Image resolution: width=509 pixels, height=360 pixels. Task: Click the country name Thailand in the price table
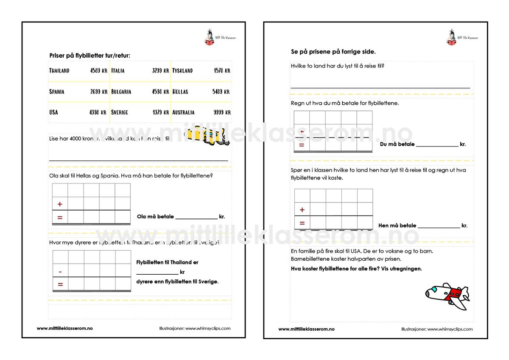pos(59,70)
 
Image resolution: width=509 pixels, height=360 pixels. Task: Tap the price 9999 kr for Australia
pos(222,112)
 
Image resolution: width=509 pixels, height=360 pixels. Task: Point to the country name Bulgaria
pos(121,92)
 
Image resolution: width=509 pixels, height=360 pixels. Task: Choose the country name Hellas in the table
pos(180,92)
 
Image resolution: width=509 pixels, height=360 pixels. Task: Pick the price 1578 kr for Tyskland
pos(222,70)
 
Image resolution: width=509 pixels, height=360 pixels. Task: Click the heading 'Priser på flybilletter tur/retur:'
pos(90,55)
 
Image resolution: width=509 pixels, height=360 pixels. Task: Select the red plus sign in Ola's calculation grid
pos(60,204)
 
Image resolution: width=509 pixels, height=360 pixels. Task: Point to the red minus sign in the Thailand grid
pos(60,271)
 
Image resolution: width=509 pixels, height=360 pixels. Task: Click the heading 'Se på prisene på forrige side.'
pos(333,52)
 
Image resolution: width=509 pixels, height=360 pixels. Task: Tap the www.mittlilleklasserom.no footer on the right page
pos(306,329)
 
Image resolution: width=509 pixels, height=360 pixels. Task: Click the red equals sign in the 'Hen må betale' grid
pos(302,223)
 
